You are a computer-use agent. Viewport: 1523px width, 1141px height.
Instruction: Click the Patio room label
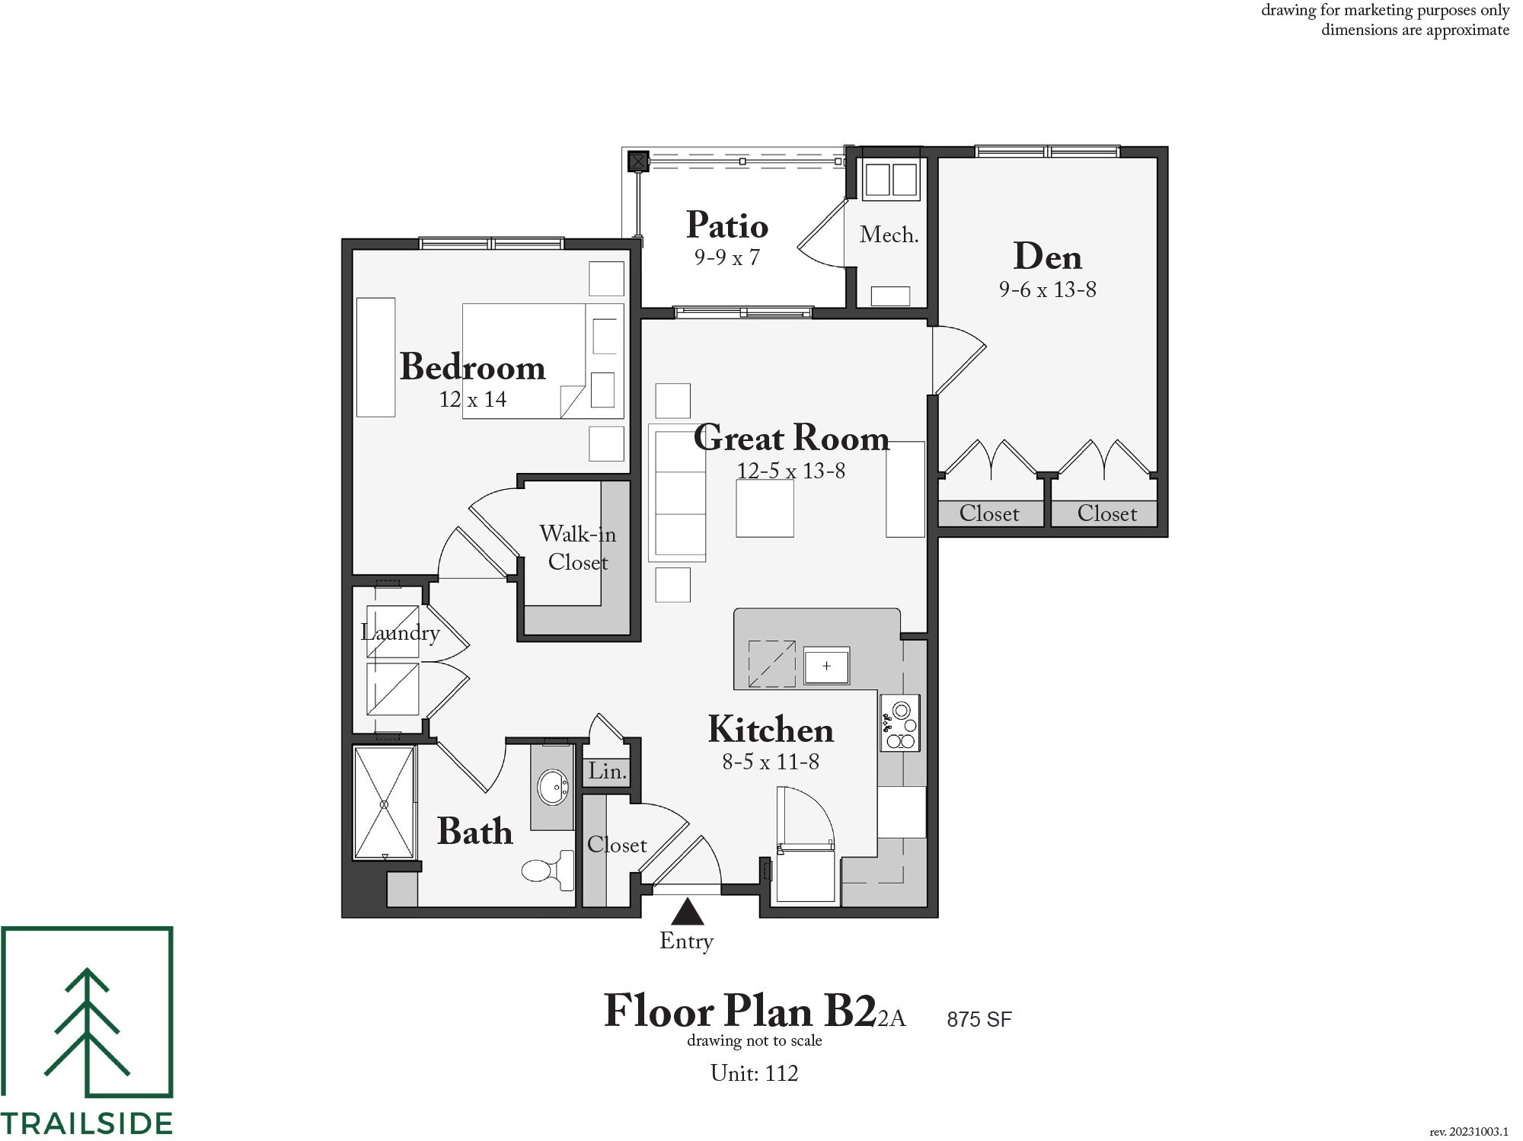pyautogui.click(x=727, y=225)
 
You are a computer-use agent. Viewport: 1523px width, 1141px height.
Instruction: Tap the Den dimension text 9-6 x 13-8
pyautogui.click(x=1048, y=289)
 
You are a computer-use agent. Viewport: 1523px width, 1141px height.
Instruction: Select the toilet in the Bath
pyautogui.click(x=548, y=870)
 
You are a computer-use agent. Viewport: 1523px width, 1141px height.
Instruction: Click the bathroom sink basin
pyautogui.click(x=552, y=787)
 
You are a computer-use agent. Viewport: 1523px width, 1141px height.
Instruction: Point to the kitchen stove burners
pyautogui.click(x=900, y=723)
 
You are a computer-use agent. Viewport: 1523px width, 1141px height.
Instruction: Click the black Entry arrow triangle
pyautogui.click(x=687, y=911)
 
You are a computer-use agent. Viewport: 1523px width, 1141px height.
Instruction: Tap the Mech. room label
pyautogui.click(x=889, y=235)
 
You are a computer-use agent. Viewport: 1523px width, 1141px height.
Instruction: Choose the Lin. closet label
pyautogui.click(x=607, y=771)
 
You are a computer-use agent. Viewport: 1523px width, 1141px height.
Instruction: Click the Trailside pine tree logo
pyautogui.click(x=87, y=1012)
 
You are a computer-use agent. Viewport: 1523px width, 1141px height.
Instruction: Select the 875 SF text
pyautogui.click(x=979, y=1019)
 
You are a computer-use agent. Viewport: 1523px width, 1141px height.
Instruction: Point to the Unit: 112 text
pyautogui.click(x=754, y=1073)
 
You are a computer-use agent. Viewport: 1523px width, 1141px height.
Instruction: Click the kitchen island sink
pyautogui.click(x=826, y=666)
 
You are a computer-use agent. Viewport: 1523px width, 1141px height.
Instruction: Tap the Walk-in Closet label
pyautogui.click(x=578, y=548)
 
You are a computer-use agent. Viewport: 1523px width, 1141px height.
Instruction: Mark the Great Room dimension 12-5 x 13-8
pyautogui.click(x=791, y=471)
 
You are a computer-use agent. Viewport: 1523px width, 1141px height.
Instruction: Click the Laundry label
pyautogui.click(x=401, y=633)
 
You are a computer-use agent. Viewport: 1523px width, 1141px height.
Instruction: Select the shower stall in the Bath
pyautogui.click(x=385, y=802)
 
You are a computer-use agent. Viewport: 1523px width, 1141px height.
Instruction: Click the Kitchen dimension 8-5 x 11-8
pyautogui.click(x=771, y=762)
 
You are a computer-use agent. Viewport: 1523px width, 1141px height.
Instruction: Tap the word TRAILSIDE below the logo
pyautogui.click(x=87, y=1123)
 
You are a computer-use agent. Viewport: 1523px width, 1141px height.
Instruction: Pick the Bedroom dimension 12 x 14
pyautogui.click(x=473, y=399)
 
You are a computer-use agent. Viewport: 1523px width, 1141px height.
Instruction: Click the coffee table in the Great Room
pyautogui.click(x=765, y=508)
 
